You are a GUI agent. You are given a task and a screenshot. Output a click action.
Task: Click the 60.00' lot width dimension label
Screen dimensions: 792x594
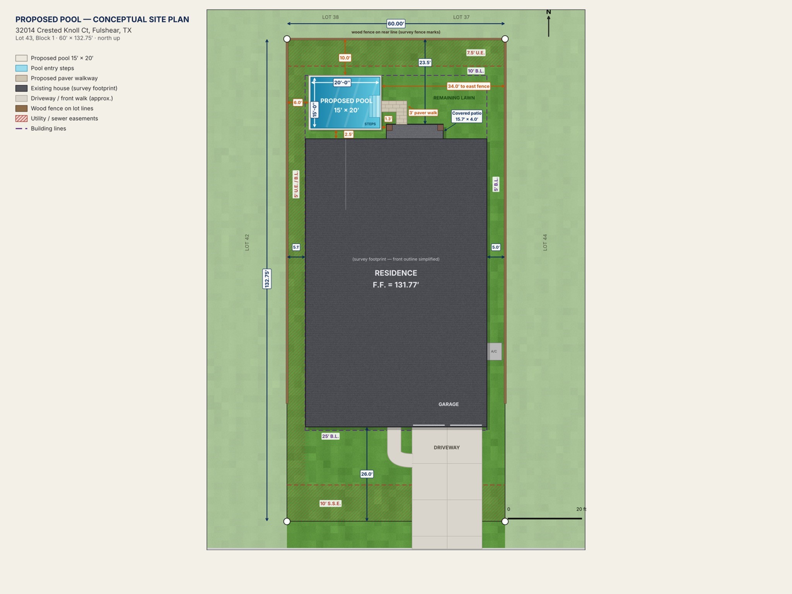[396, 24]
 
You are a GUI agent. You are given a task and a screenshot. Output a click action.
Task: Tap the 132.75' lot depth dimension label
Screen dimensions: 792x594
[267, 278]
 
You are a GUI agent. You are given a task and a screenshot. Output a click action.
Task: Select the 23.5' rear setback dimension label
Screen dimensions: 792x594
[425, 62]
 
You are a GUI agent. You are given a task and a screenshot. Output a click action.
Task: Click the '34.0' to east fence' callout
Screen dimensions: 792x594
[468, 86]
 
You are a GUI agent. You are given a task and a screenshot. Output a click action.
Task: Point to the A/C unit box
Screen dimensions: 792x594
[494, 352]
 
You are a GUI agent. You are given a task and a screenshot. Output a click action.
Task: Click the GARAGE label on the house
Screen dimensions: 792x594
[449, 404]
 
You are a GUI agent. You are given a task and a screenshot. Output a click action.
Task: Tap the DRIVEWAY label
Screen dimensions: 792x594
[447, 447]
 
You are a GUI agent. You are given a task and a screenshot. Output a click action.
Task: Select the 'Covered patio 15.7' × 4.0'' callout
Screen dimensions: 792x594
[467, 116]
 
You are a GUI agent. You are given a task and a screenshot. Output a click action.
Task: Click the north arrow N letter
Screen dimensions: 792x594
[548, 12]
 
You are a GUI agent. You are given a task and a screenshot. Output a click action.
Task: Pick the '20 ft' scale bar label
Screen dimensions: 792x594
[581, 509]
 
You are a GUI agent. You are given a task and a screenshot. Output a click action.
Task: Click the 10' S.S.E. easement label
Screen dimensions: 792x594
[330, 504]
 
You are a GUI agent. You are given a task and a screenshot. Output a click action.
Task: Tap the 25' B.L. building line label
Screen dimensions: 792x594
[330, 436]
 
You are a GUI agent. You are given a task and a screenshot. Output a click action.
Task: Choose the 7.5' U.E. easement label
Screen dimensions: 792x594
[476, 53]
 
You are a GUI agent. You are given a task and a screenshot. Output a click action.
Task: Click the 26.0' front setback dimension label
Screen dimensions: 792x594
[367, 474]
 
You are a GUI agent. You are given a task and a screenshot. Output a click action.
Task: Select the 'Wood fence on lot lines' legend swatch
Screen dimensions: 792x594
[21, 108]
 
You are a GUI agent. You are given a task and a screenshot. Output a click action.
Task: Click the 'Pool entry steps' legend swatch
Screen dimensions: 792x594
[21, 68]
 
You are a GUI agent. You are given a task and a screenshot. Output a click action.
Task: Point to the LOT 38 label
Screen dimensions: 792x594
[330, 17]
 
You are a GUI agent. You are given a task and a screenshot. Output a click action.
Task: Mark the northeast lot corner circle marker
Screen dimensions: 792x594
[505, 39]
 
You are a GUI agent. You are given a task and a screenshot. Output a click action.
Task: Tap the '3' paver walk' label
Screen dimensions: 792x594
[423, 113]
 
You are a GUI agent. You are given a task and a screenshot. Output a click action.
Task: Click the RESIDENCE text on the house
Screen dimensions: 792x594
[396, 273]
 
